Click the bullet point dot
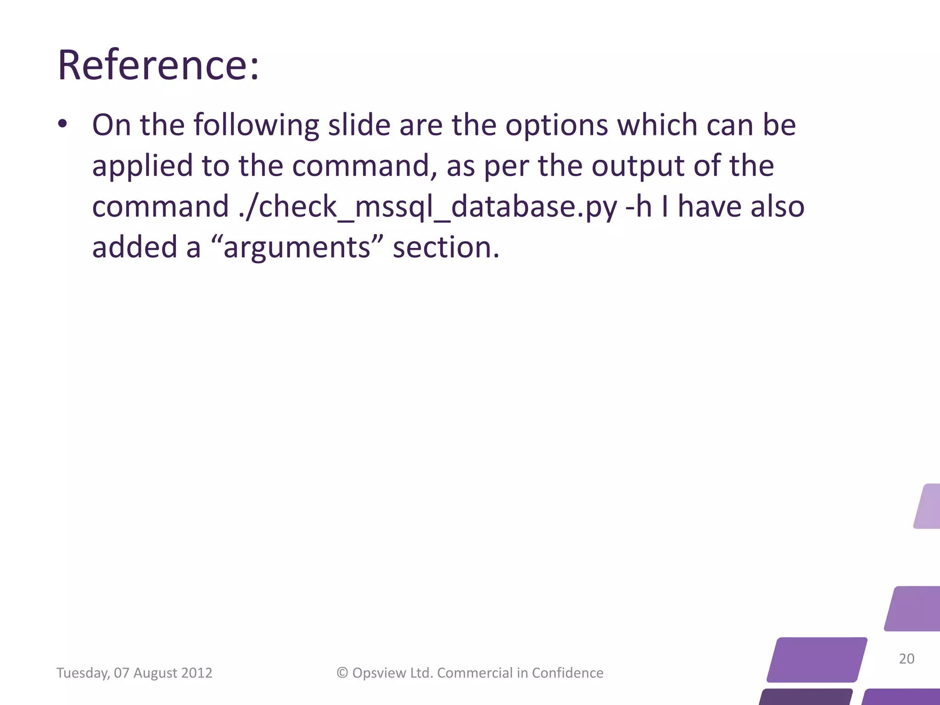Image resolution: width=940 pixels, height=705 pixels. coord(63,124)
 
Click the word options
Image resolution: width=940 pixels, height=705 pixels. coord(557,125)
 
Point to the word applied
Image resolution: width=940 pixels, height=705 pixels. coord(142,166)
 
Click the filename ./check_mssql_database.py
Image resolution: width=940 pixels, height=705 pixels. coord(428,207)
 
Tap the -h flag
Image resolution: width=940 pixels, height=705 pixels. coord(638,206)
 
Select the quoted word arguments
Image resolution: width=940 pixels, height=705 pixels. coord(297,247)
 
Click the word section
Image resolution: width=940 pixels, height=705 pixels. coord(446,247)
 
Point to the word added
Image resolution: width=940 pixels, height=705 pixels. coord(134,247)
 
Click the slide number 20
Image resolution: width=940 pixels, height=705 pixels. coord(906,659)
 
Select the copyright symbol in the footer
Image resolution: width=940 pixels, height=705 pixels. coord(342,673)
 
